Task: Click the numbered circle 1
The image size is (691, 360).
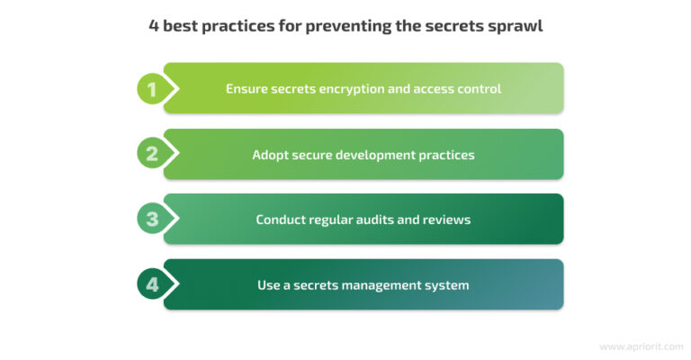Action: coord(152,89)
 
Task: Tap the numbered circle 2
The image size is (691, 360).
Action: coord(152,154)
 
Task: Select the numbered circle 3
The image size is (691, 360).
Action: coord(152,220)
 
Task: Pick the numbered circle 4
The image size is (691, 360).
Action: coord(152,285)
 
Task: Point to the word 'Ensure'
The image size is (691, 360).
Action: coord(247,89)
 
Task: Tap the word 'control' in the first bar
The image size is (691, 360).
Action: coord(477,89)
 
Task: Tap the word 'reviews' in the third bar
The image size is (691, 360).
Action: coord(448,220)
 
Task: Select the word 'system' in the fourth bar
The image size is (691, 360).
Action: coord(447,285)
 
